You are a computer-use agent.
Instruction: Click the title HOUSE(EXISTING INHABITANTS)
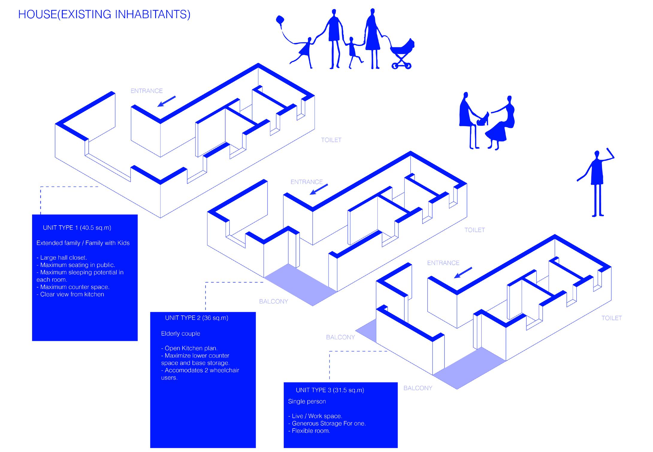point(104,14)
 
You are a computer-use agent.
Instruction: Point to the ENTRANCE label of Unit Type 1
point(146,91)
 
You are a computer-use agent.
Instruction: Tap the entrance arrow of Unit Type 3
point(463,273)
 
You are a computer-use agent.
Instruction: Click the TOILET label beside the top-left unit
point(331,140)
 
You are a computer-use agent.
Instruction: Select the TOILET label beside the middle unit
point(474,230)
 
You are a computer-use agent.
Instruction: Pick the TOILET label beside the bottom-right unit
point(611,318)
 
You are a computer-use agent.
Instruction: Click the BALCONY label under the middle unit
point(273,301)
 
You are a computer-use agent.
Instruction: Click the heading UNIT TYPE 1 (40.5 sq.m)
point(77,228)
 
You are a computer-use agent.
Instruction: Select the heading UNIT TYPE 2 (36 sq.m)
point(196,318)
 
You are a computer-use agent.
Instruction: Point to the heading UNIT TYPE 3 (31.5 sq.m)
point(330,390)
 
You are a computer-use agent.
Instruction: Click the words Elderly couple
point(180,334)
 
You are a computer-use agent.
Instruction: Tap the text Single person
point(307,401)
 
